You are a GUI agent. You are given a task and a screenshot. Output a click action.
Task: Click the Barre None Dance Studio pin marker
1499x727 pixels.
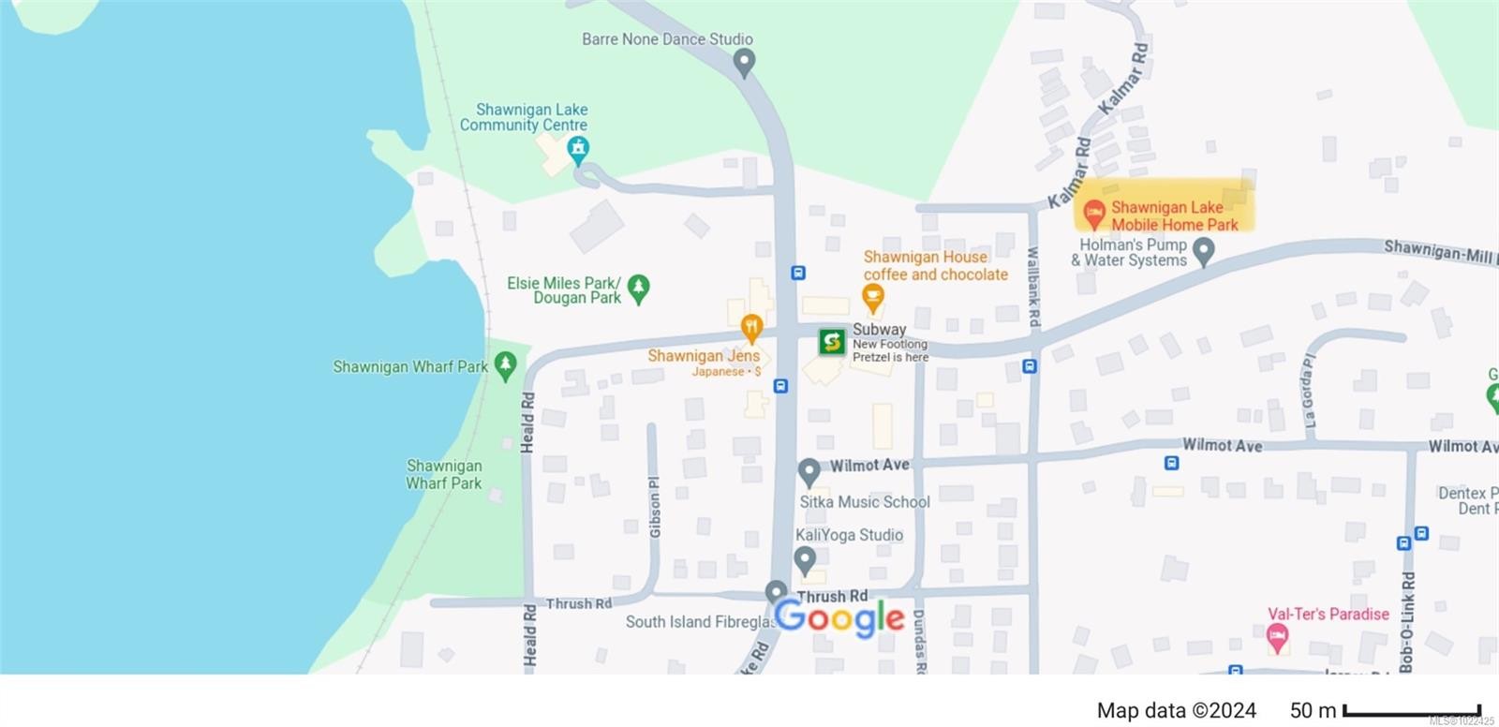click(744, 62)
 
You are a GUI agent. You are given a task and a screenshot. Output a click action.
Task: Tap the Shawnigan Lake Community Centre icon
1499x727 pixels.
click(578, 148)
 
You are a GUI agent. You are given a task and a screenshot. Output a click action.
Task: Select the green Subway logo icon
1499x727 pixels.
click(832, 342)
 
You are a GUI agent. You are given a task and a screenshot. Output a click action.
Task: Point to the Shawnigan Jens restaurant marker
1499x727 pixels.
click(750, 329)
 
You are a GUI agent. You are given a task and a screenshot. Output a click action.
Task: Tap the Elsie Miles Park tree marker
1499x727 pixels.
click(639, 289)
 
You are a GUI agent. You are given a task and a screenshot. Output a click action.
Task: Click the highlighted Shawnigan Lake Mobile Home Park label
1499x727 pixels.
click(1165, 215)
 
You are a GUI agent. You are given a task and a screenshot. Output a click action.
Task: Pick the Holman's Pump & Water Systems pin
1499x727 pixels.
click(1204, 251)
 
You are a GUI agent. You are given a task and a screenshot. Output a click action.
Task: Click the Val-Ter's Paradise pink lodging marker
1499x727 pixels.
click(1277, 639)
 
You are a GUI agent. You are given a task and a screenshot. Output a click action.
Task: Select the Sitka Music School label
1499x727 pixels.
click(864, 502)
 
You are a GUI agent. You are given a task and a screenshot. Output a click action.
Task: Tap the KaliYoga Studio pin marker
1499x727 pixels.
click(805, 560)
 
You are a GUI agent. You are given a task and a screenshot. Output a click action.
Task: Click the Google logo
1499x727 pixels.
click(839, 617)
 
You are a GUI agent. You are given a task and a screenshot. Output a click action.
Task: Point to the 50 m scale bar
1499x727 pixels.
click(1411, 711)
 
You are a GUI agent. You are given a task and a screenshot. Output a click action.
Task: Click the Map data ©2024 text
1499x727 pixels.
click(1176, 711)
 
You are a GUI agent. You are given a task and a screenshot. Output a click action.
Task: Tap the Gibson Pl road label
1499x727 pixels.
click(655, 507)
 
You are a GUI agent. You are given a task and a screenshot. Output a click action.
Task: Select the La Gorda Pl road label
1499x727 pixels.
click(1309, 391)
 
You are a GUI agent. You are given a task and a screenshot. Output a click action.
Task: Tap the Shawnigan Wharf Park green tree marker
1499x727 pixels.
click(505, 365)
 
